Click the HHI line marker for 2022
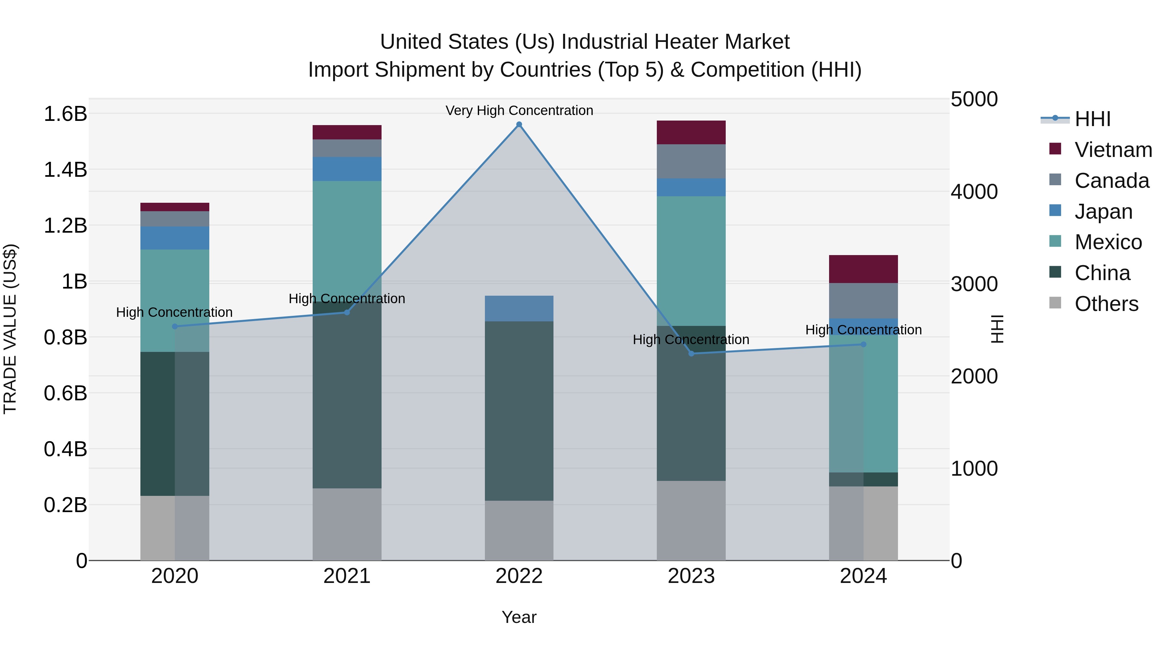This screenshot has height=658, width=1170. pyautogui.click(x=519, y=124)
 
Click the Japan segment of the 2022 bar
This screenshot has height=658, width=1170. pyautogui.click(x=519, y=308)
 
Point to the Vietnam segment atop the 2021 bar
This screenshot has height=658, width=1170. pyautogui.click(x=347, y=132)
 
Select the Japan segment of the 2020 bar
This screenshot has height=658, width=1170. pyautogui.click(x=175, y=238)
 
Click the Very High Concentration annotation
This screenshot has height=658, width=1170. pyautogui.click(x=519, y=110)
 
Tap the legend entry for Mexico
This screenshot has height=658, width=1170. pyautogui.click(x=1108, y=242)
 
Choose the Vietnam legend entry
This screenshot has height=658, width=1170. pyautogui.click(x=1113, y=150)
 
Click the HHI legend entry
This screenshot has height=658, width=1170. pyautogui.click(x=1092, y=119)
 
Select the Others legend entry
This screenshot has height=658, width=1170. pyautogui.click(x=1106, y=304)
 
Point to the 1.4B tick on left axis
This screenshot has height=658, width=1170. pyautogui.click(x=65, y=170)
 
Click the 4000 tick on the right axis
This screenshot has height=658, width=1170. pyautogui.click(x=974, y=192)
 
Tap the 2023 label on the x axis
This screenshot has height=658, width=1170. pyautogui.click(x=691, y=576)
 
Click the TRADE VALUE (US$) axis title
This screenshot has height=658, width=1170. pyautogui.click(x=10, y=329)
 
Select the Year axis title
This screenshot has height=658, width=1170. pyautogui.click(x=519, y=617)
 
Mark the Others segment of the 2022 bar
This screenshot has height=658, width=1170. pyautogui.click(x=519, y=530)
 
